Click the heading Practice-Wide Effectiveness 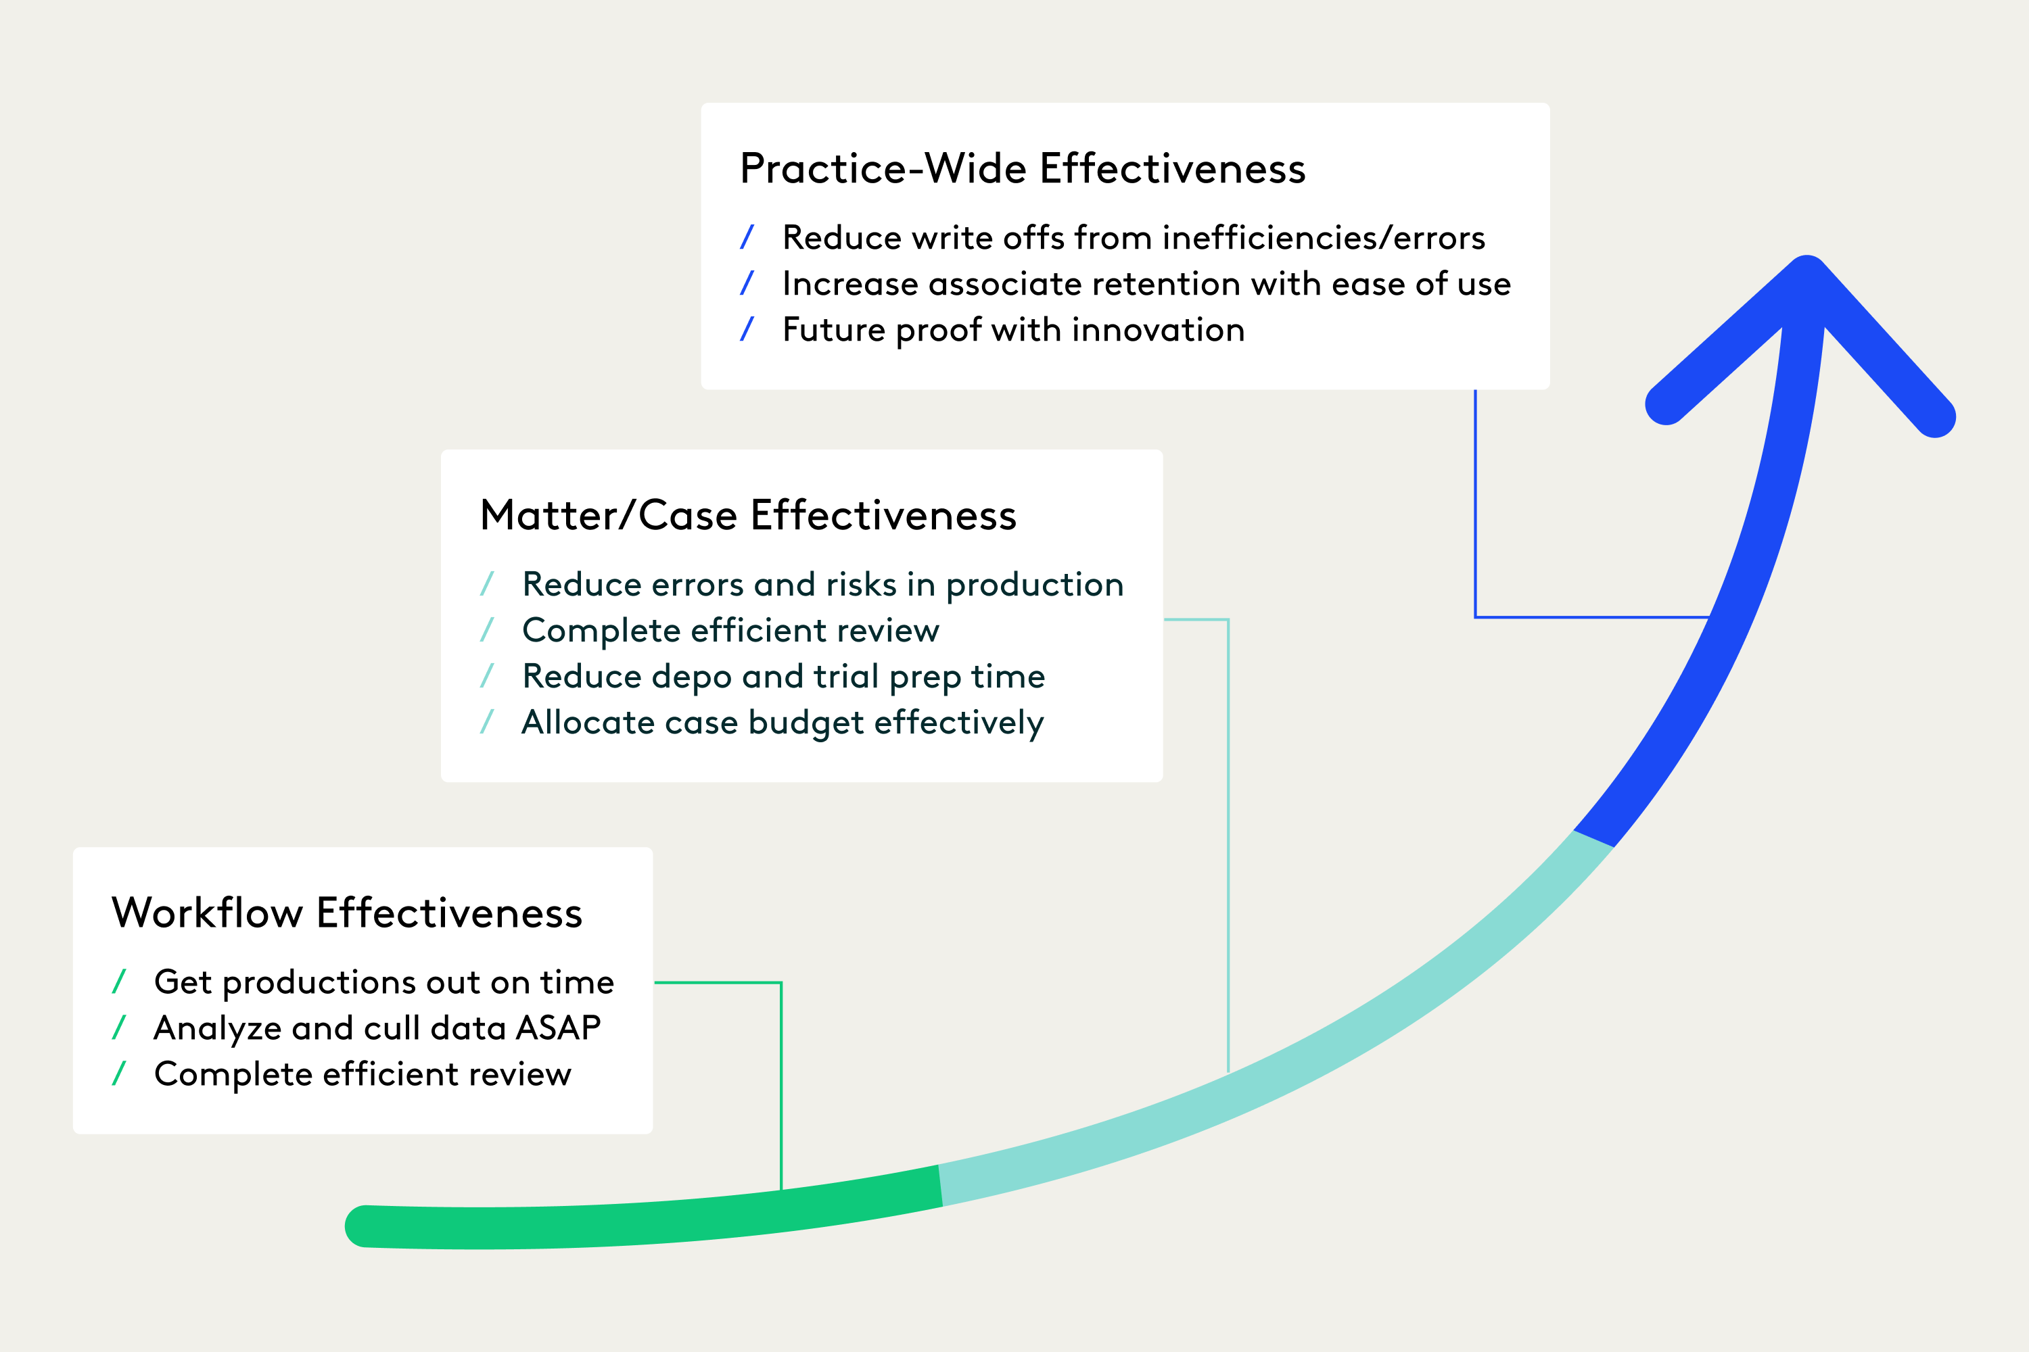(1022, 169)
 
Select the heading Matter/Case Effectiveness (748, 516)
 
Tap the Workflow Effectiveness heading (347, 913)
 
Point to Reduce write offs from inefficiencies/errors (1133, 238)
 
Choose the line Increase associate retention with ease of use (1146, 285)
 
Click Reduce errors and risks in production (823, 585)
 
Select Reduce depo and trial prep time (783, 677)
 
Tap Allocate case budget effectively (783, 723)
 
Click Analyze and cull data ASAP (377, 1028)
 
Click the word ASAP (558, 1028)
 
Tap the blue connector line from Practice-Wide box (1476, 517)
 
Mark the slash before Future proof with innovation (747, 329)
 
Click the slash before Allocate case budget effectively (486, 722)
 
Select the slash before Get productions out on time (119, 982)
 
